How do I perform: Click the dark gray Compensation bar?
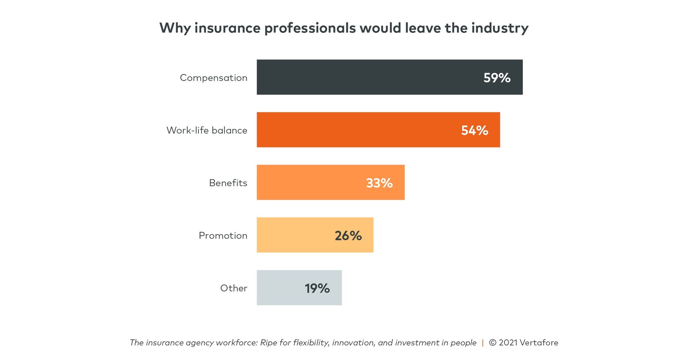pos(367,77)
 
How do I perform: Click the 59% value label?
pos(497,77)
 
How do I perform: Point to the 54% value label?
pos(475,130)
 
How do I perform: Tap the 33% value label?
pos(379,183)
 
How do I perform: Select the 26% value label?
pos(348,235)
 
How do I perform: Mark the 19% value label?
pos(317,288)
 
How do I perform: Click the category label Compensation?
pos(213,78)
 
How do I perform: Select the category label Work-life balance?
pos(207,130)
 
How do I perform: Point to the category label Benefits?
pos(228,183)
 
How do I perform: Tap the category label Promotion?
pos(223,235)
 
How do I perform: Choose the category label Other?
pos(234,288)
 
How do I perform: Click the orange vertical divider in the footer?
pos(483,342)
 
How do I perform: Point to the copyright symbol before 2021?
pos(492,342)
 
